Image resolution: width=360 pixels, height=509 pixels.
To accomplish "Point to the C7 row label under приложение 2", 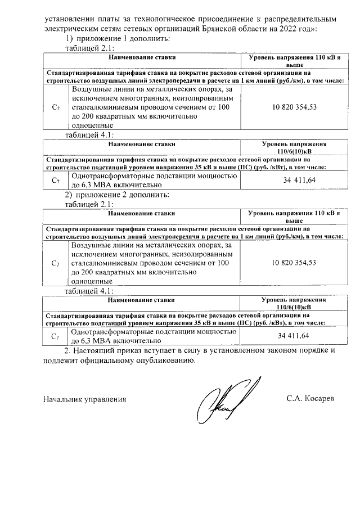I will point(55,336).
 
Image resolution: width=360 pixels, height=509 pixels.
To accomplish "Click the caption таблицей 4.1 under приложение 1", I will point(90,136).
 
